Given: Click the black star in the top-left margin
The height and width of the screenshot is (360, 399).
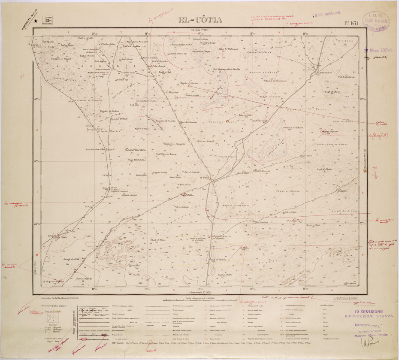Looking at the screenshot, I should click(x=35, y=20).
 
